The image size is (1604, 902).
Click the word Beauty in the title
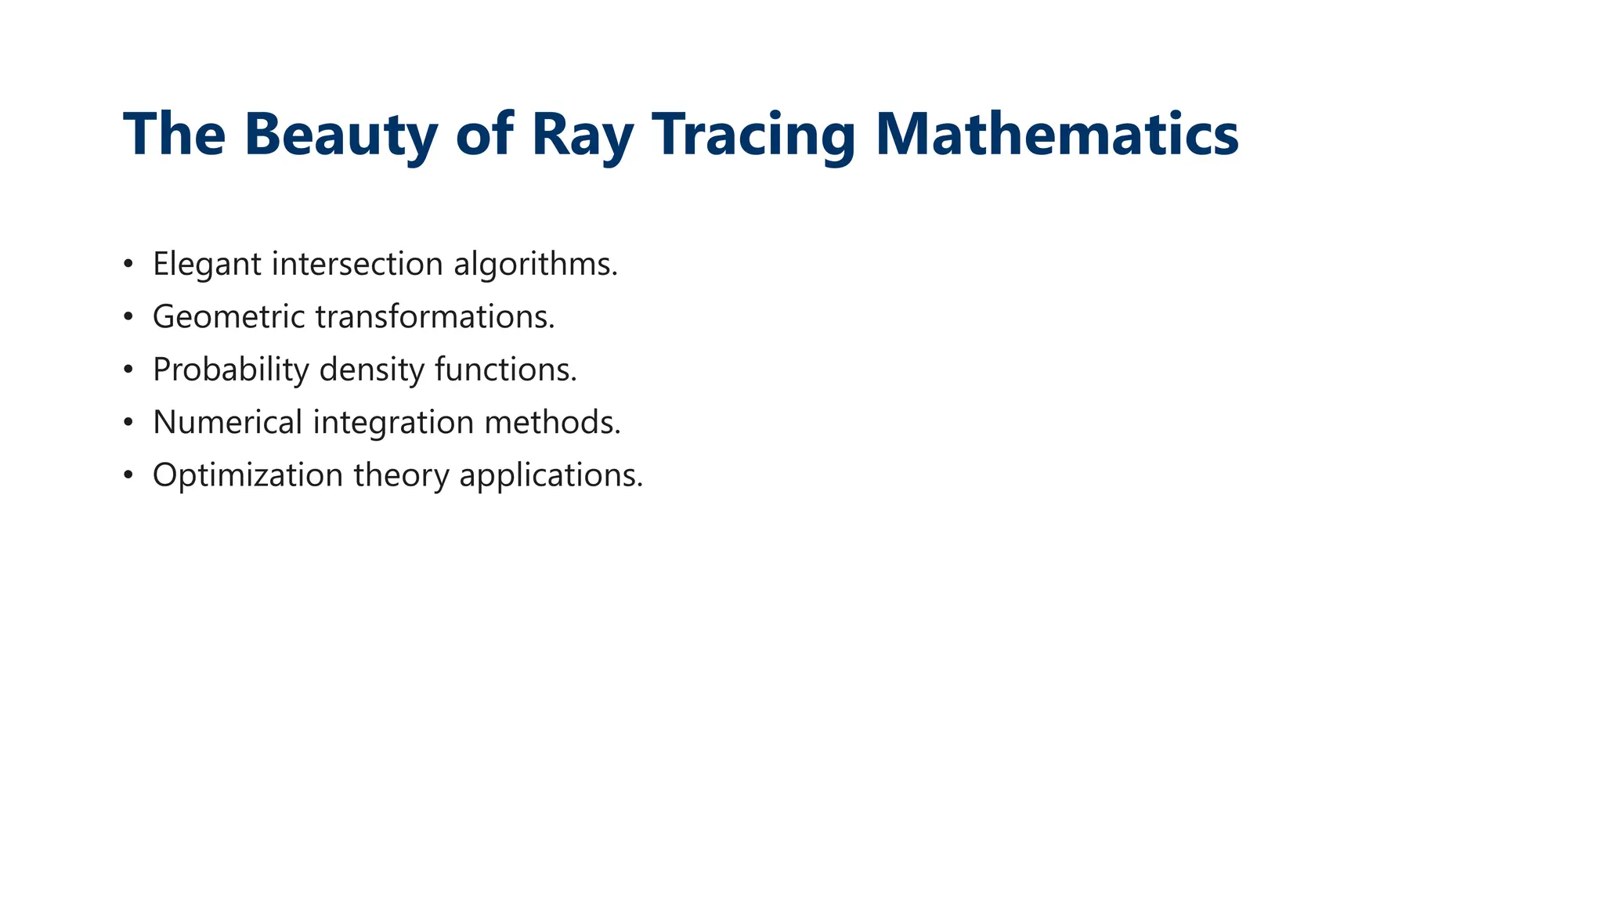coord(341,135)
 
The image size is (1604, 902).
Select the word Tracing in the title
coord(753,135)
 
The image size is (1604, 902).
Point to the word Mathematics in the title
coord(1057,135)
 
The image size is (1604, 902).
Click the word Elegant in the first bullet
coord(207,265)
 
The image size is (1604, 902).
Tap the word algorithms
coord(535,265)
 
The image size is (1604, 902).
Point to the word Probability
coord(231,370)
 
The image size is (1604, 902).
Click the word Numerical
coord(227,423)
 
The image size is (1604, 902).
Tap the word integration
coord(393,423)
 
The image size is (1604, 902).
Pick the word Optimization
coord(247,475)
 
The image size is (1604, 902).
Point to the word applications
coord(551,475)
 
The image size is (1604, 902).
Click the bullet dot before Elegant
coord(128,265)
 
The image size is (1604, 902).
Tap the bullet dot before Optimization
coord(128,475)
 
